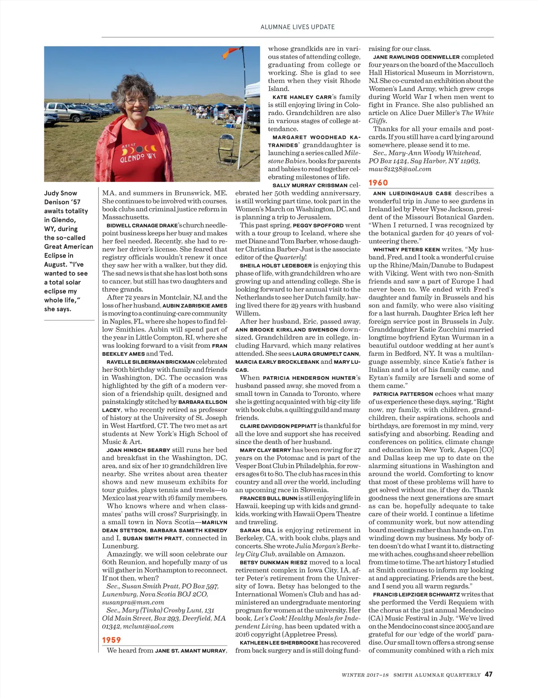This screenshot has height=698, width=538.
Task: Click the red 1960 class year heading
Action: pos(378,183)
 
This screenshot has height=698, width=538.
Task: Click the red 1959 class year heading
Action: pos(112,640)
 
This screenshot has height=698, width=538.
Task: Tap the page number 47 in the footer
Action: pos(488,674)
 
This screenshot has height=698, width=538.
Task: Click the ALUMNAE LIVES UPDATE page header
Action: pos(297,27)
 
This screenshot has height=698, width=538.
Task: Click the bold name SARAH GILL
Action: pos(257,530)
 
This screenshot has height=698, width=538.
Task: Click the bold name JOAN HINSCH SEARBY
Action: pos(138,450)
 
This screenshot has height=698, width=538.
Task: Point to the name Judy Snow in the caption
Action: pos(61,193)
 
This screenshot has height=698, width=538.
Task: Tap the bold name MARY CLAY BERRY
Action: pos(265,450)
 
